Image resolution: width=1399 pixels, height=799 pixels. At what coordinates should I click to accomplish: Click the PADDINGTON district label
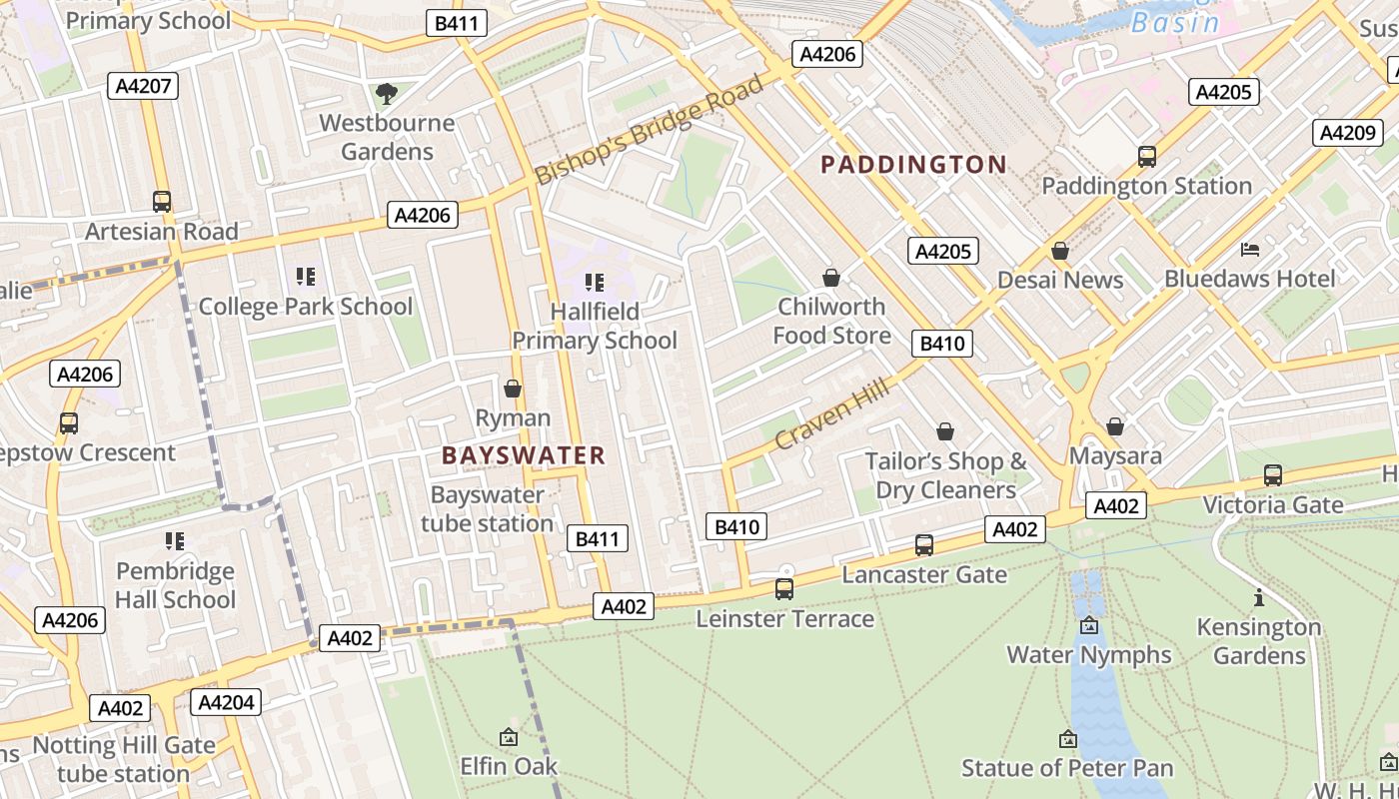click(913, 165)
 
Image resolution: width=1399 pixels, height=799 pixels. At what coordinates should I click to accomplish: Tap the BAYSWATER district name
click(524, 455)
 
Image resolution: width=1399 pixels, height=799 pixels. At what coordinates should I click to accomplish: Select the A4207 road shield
click(142, 85)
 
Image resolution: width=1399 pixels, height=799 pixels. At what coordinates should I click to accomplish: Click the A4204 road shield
click(226, 702)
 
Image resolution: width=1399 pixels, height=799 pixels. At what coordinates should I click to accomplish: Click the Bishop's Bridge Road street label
click(650, 130)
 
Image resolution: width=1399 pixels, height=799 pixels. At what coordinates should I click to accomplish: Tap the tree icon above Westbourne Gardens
click(386, 94)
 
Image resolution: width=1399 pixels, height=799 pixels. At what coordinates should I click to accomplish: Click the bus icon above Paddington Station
click(1146, 157)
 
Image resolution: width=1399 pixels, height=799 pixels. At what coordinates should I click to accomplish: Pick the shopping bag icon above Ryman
click(513, 389)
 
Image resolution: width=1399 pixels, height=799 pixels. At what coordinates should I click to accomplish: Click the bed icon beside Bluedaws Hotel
click(1250, 249)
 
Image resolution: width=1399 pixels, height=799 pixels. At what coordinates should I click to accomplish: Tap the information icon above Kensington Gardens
click(1258, 598)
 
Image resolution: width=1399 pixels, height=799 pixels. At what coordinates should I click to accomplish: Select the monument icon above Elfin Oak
click(508, 738)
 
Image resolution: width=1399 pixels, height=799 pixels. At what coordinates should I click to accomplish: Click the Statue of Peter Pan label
click(1067, 768)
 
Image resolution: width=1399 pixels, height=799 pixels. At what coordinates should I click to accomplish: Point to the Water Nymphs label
click(1088, 654)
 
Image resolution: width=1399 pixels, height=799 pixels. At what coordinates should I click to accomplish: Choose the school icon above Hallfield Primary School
click(595, 283)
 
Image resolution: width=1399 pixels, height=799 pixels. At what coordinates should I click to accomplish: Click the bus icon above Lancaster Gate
click(924, 545)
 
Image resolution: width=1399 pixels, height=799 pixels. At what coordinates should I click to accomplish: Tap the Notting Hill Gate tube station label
click(124, 759)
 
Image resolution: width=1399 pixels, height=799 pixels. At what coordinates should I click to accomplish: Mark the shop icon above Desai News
click(1060, 251)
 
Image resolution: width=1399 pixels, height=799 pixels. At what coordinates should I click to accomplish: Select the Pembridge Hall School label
click(175, 585)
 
